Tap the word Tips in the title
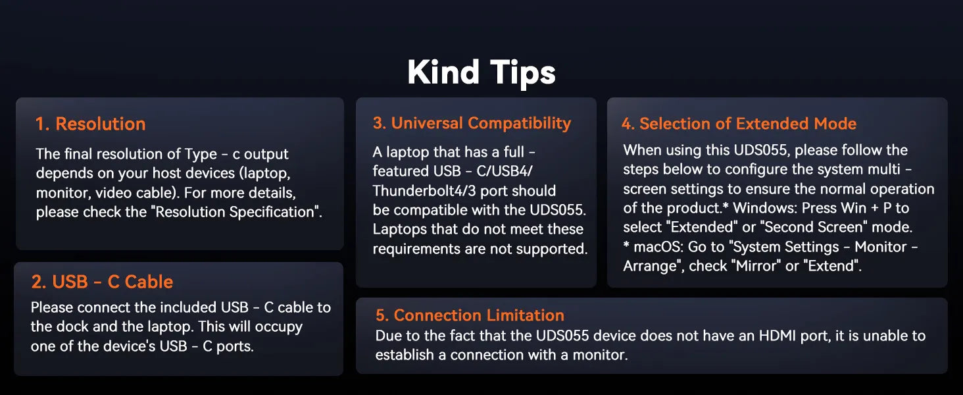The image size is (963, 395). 523,73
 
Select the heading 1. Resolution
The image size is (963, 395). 91,124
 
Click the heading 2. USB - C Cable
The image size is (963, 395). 103,282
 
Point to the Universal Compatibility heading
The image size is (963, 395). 472,124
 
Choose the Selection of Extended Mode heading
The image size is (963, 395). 739,124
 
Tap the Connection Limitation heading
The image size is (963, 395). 470,315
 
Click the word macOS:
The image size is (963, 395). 658,247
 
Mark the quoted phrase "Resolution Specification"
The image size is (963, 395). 237,212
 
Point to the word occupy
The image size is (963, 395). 279,327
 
